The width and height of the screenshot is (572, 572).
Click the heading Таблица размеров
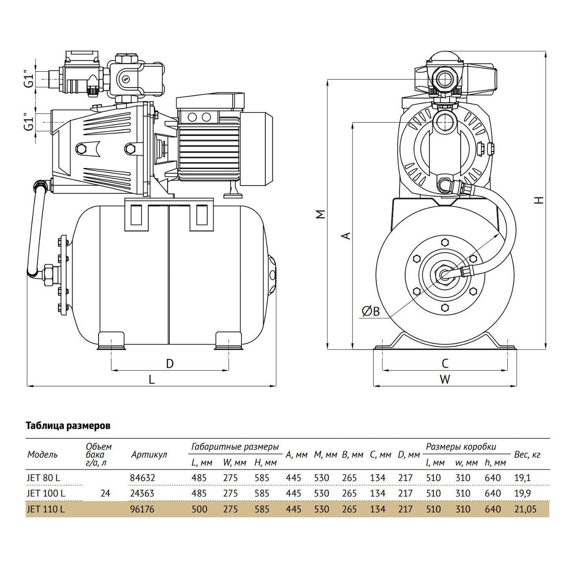(68, 426)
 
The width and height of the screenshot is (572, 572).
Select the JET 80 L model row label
(43, 478)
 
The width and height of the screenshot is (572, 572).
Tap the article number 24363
(142, 493)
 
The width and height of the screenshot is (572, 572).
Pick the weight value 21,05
(526, 510)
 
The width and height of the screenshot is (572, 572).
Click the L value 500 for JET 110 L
(199, 510)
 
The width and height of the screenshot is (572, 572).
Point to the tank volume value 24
(105, 493)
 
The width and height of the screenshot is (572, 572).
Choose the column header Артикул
(149, 455)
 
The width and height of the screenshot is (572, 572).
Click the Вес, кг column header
(527, 455)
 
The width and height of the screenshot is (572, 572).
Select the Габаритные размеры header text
(235, 447)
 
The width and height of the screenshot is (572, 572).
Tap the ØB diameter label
(371, 312)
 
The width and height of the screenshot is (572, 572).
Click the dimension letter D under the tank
(169, 363)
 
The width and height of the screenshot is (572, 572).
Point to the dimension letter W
(445, 379)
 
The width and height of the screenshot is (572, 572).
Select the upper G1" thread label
(29, 79)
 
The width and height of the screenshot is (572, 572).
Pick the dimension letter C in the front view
(445, 363)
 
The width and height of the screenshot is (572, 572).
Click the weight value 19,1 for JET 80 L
(522, 478)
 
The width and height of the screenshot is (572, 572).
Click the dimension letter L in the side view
(152, 379)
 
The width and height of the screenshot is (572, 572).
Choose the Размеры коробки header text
(461, 447)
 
